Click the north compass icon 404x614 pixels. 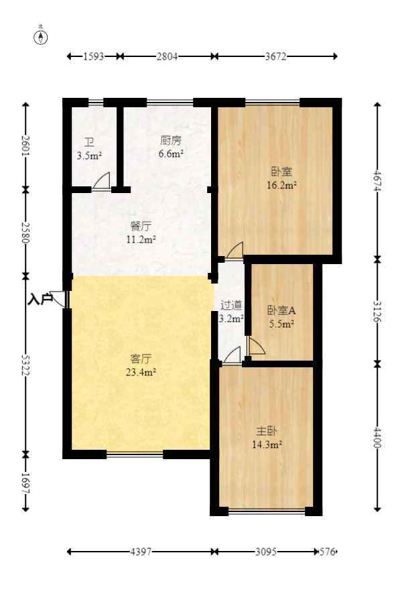point(41,36)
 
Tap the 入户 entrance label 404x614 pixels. point(40,299)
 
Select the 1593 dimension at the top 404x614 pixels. point(94,57)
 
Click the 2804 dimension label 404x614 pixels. point(167,57)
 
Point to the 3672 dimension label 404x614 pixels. point(275,57)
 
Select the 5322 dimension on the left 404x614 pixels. point(26,365)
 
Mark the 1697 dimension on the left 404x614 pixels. point(26,483)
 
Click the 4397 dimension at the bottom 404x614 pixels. point(140,552)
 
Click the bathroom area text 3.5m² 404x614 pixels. point(89,156)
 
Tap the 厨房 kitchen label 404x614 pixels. point(171,141)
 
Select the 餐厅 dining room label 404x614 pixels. point(141,227)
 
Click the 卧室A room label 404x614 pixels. point(281,310)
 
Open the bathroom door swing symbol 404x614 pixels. point(102,182)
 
